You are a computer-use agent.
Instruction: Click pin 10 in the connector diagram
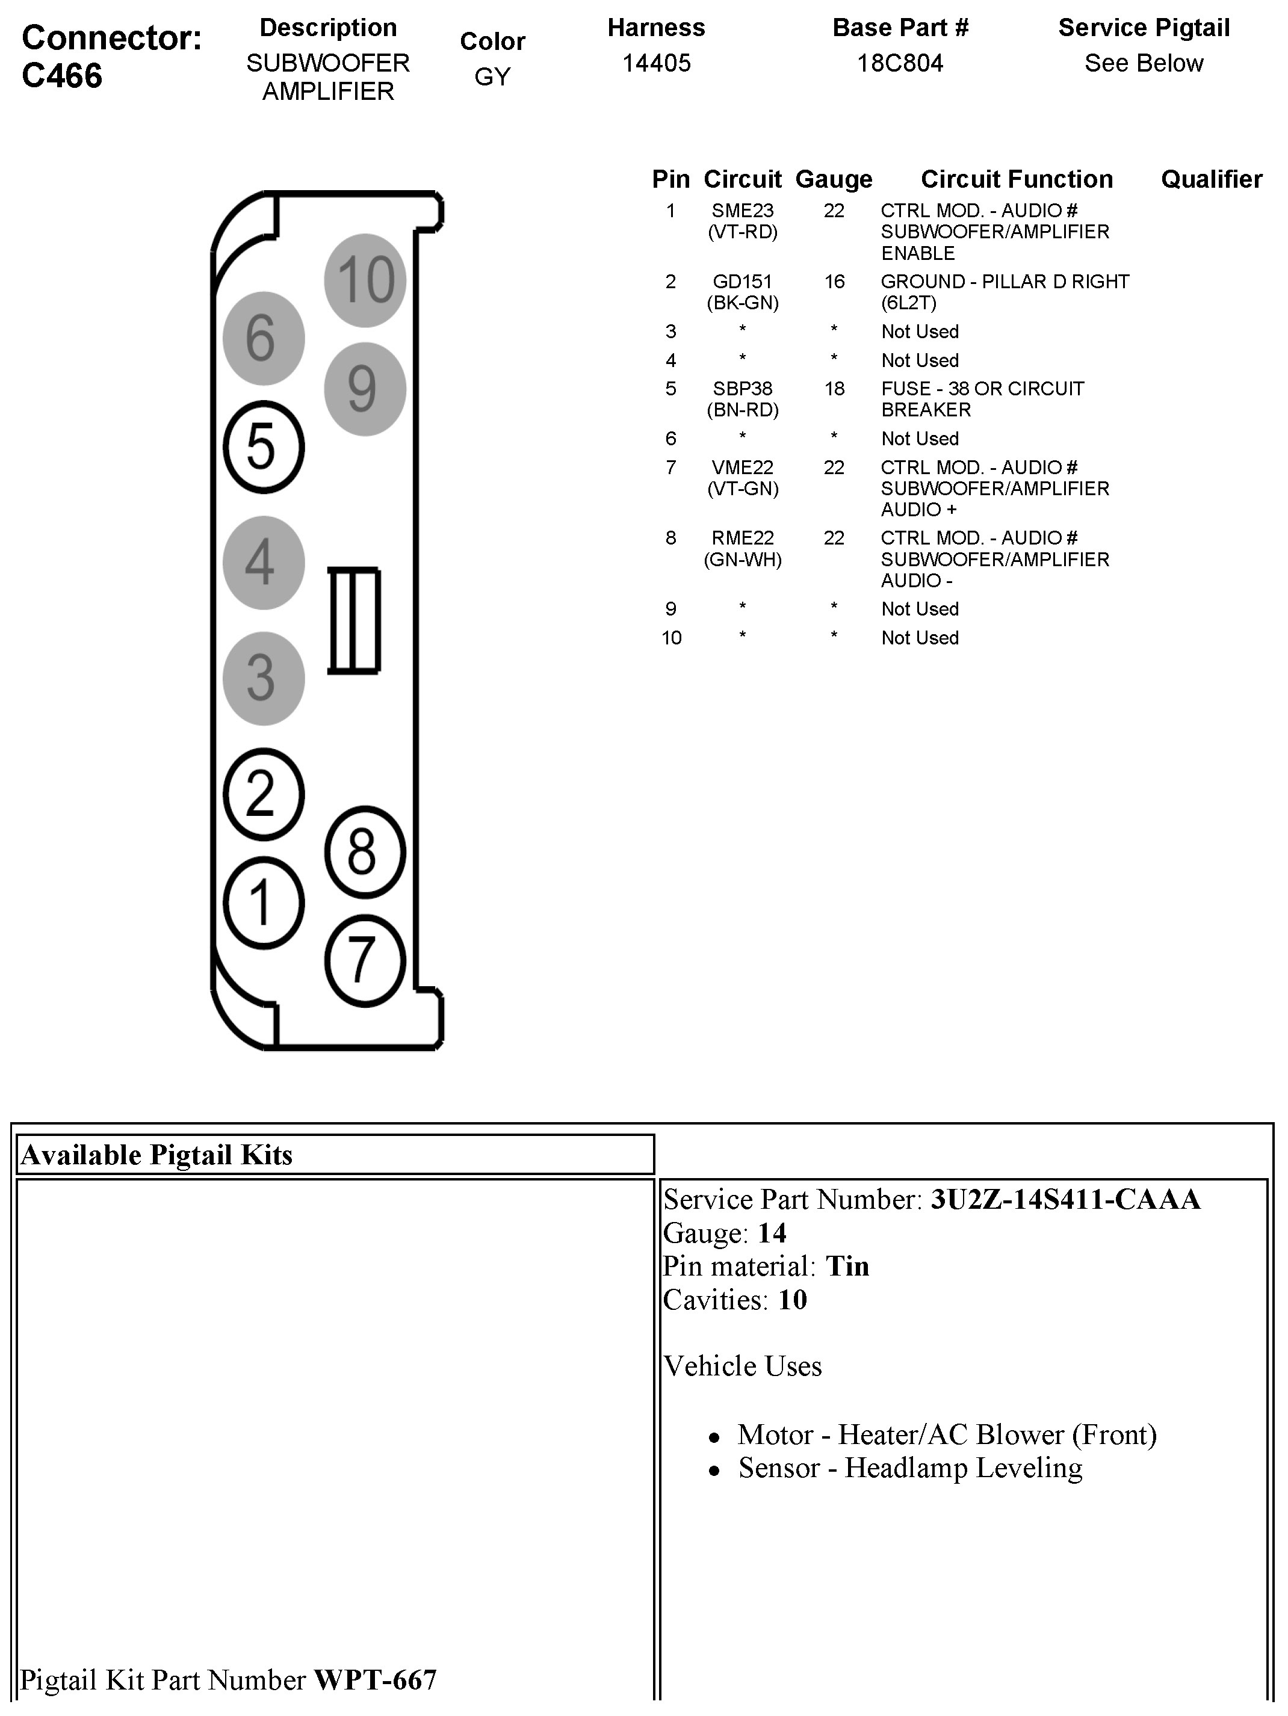tap(365, 280)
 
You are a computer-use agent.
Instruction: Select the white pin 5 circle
tap(263, 447)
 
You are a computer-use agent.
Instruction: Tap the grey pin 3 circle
tap(263, 678)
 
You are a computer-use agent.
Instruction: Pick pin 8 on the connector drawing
tap(364, 852)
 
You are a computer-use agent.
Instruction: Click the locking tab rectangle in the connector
tap(354, 620)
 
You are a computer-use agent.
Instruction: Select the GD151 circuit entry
tap(743, 282)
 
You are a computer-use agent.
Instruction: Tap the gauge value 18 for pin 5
tap(834, 389)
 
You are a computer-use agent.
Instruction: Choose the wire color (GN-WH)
tap(743, 560)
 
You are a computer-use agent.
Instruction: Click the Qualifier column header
tap(1211, 179)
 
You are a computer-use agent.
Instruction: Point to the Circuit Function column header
tap(1017, 179)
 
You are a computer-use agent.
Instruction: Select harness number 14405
tap(657, 63)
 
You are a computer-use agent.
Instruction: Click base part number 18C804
tap(900, 63)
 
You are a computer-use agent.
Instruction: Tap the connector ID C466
tap(62, 76)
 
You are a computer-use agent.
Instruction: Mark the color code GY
tap(493, 77)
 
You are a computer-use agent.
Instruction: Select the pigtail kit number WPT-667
tap(375, 1679)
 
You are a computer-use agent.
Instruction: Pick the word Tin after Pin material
tap(847, 1267)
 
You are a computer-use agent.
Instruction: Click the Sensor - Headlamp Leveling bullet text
tap(909, 1468)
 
